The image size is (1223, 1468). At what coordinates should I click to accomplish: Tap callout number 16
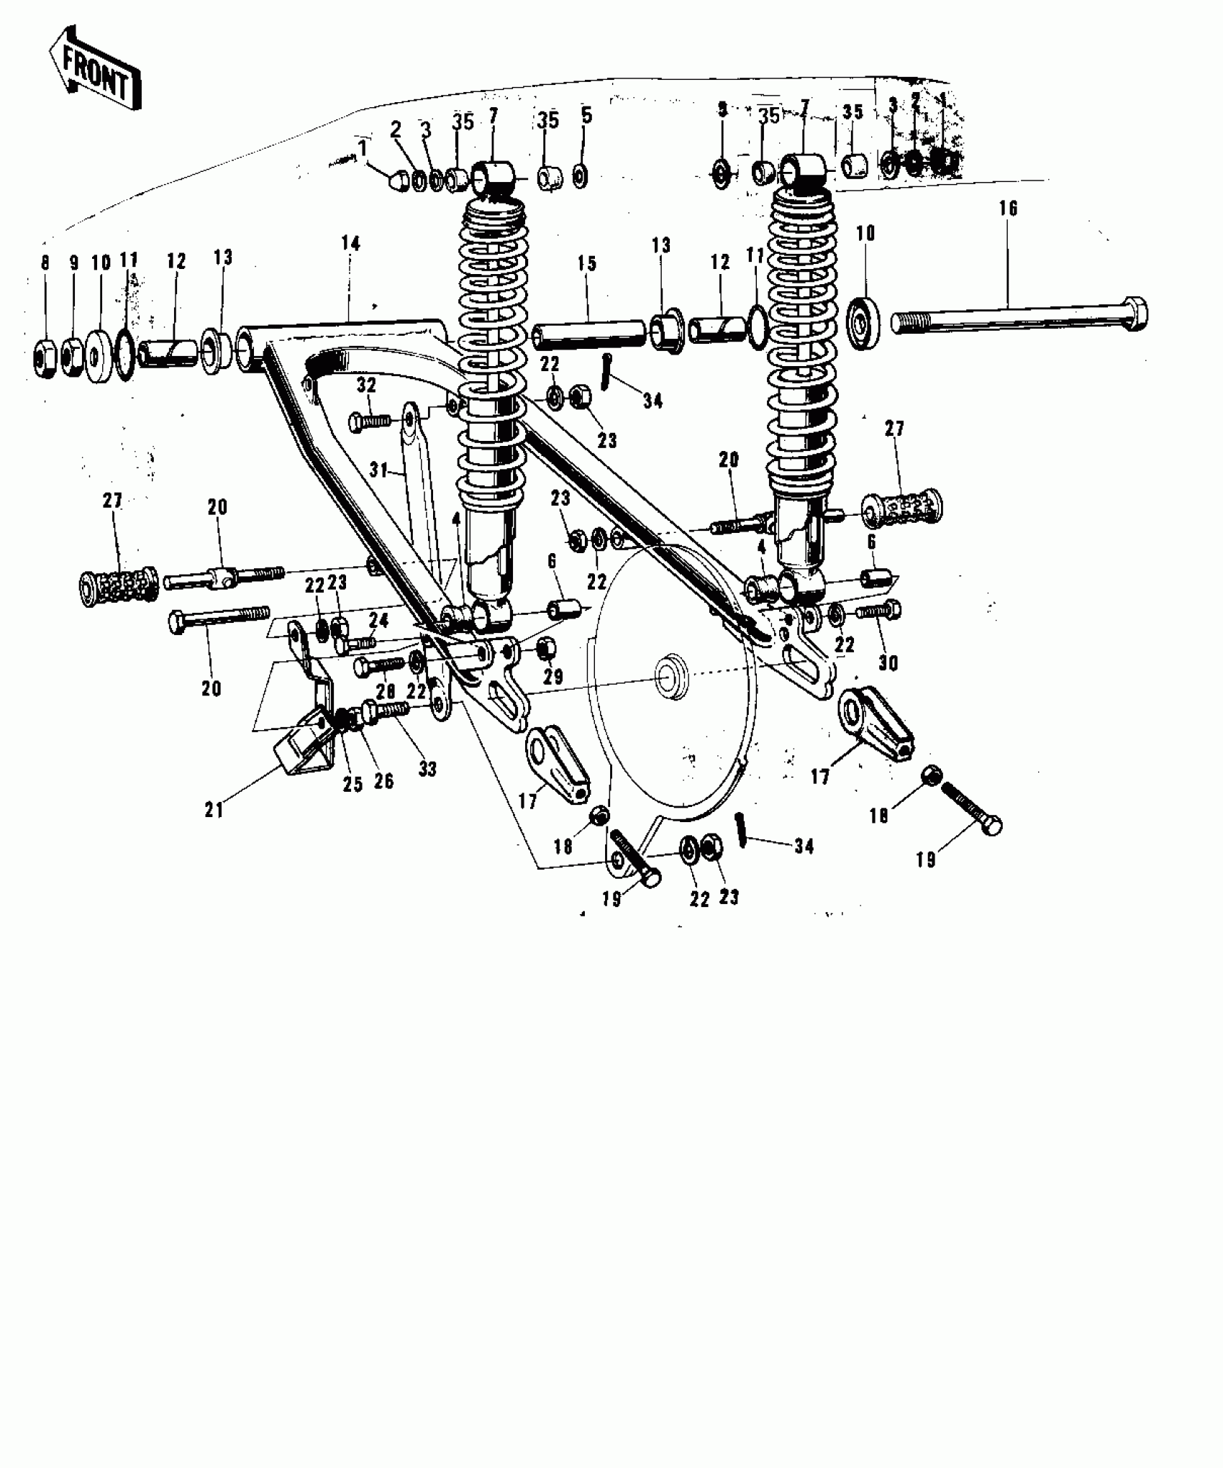point(1008,209)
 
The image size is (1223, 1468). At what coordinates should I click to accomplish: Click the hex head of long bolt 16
point(1135,314)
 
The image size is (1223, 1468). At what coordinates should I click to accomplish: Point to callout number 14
point(350,243)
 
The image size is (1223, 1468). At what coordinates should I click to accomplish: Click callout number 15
point(586,263)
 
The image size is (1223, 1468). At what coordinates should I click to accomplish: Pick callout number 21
point(214,811)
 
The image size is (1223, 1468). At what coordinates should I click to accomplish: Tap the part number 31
point(378,471)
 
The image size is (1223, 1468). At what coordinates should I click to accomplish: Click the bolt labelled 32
point(370,421)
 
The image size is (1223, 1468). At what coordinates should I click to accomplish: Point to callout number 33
point(427,769)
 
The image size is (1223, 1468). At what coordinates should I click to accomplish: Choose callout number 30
point(888,662)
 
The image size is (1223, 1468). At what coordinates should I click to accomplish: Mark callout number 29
point(553,677)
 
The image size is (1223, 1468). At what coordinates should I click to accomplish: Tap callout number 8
point(45,263)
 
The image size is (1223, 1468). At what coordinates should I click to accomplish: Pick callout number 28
point(386,691)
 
